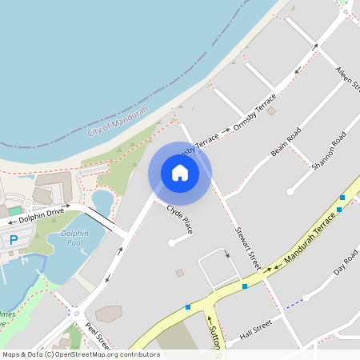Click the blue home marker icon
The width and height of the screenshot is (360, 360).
[180, 173]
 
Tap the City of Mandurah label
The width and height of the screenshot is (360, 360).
[121, 118]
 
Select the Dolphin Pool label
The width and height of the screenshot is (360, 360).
[71, 238]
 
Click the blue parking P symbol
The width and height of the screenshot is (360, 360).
[13, 240]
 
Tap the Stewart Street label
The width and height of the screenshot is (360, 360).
[249, 247]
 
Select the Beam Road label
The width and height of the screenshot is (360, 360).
[286, 141]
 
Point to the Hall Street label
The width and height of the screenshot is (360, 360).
[256, 330]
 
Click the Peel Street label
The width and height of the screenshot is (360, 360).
[98, 337]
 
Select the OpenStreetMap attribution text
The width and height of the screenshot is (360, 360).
[80, 354]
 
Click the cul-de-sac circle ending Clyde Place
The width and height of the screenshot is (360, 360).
[171, 242]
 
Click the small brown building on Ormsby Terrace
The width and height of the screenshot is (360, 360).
[271, 111]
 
